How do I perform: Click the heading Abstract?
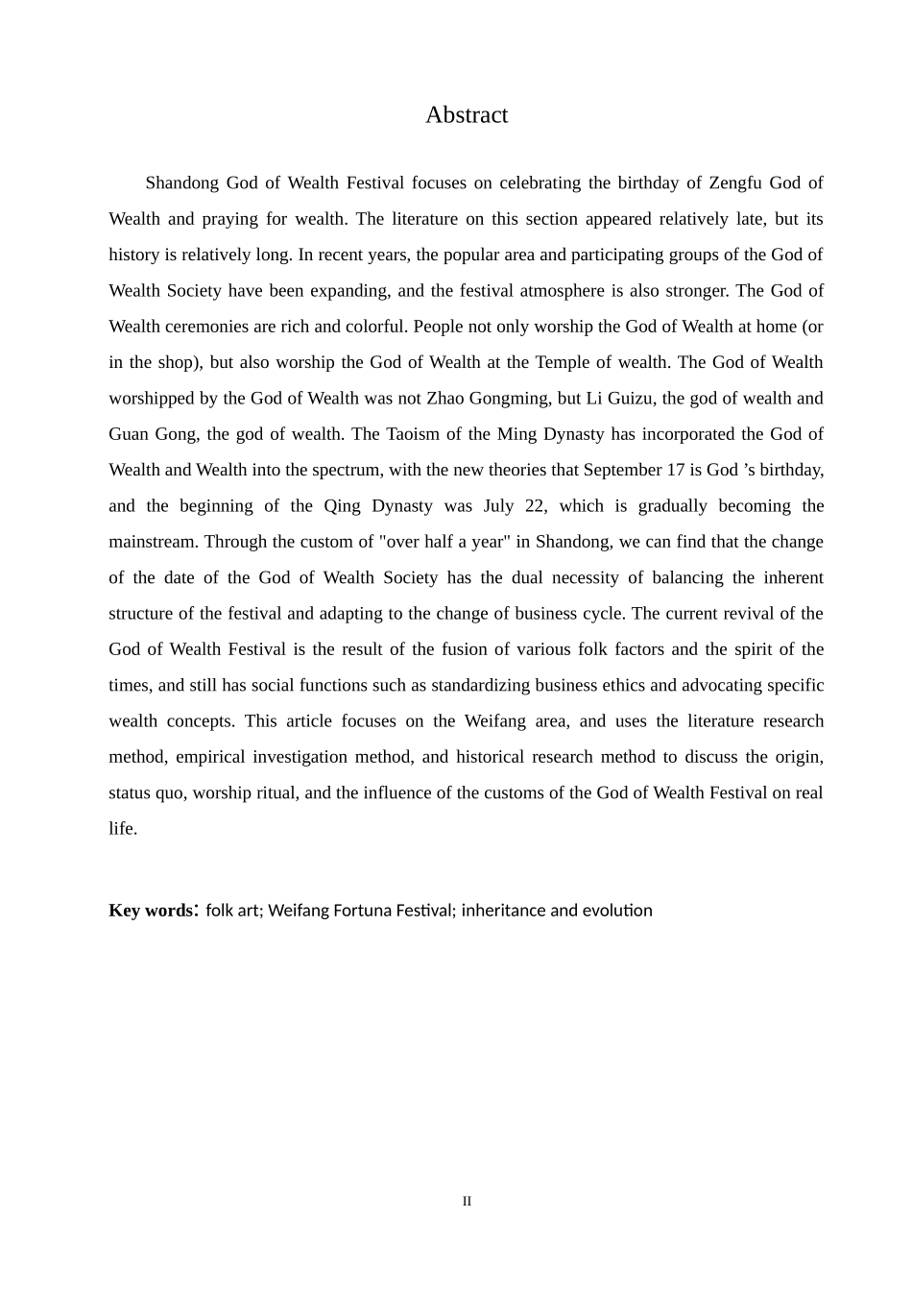pos(467,115)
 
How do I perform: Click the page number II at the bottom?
pos(467,1202)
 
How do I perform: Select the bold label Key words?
pos(152,911)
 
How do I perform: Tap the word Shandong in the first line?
pos(181,183)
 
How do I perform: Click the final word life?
pos(122,829)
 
